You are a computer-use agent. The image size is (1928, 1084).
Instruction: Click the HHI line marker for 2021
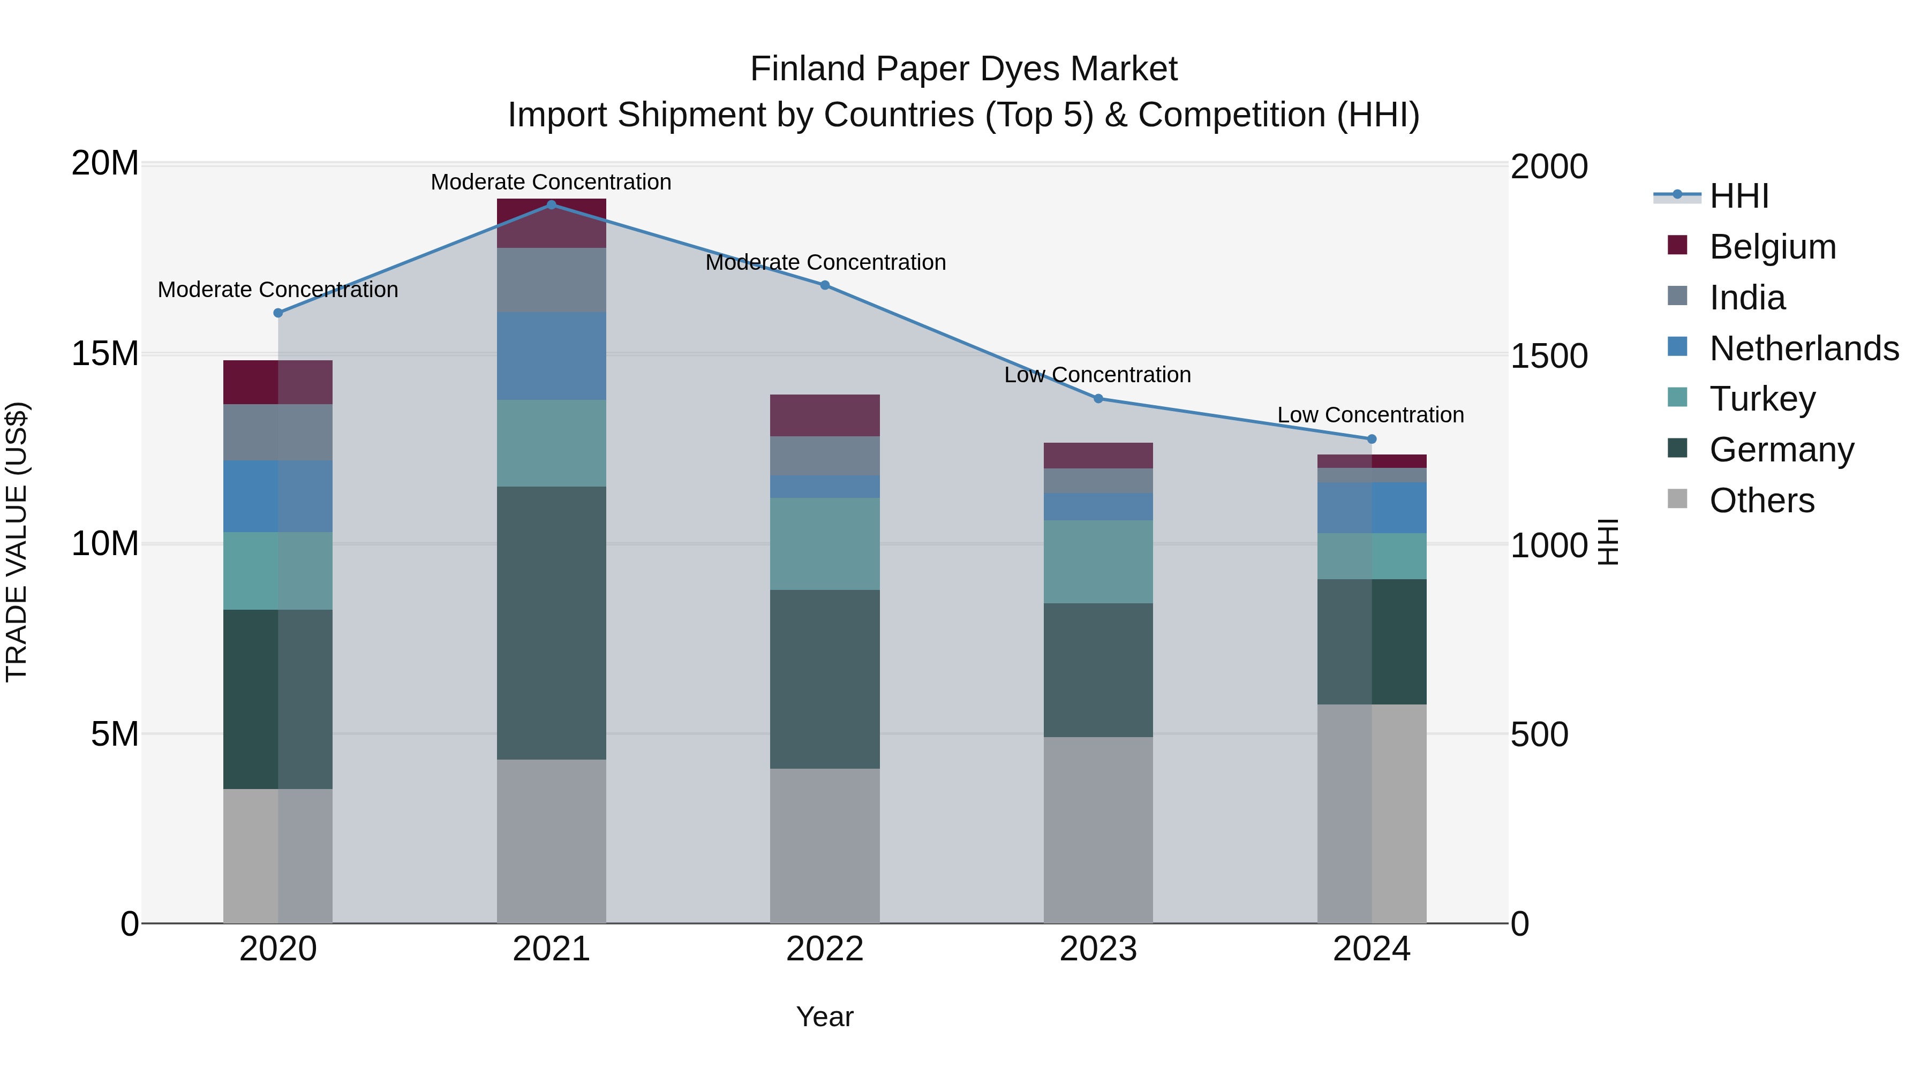(x=551, y=204)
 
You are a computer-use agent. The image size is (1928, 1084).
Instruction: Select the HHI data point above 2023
(x=1098, y=399)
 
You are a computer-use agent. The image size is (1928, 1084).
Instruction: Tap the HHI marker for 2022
(x=825, y=285)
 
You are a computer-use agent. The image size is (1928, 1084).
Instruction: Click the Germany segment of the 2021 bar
(x=551, y=623)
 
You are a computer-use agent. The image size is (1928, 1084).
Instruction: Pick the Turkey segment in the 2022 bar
(x=825, y=544)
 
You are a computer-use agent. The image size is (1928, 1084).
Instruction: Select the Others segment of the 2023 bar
(x=1098, y=830)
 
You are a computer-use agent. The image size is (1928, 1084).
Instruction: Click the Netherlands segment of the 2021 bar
(x=551, y=356)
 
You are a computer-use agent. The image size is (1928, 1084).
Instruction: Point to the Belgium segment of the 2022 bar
(x=825, y=415)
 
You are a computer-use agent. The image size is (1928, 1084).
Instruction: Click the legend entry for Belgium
(x=1772, y=247)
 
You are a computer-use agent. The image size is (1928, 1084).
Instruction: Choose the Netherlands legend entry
(x=1804, y=348)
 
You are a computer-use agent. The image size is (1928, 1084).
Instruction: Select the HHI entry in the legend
(x=1738, y=196)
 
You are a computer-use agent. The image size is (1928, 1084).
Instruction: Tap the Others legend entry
(x=1762, y=501)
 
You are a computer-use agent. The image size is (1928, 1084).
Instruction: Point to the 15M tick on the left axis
(x=105, y=353)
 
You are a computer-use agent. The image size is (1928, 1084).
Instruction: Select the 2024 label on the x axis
(x=1371, y=949)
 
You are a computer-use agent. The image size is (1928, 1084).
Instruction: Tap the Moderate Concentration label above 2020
(x=277, y=290)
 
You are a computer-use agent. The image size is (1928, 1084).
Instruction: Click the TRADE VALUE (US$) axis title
(x=17, y=542)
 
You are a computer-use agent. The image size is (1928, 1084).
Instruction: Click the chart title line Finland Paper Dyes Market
(x=963, y=69)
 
